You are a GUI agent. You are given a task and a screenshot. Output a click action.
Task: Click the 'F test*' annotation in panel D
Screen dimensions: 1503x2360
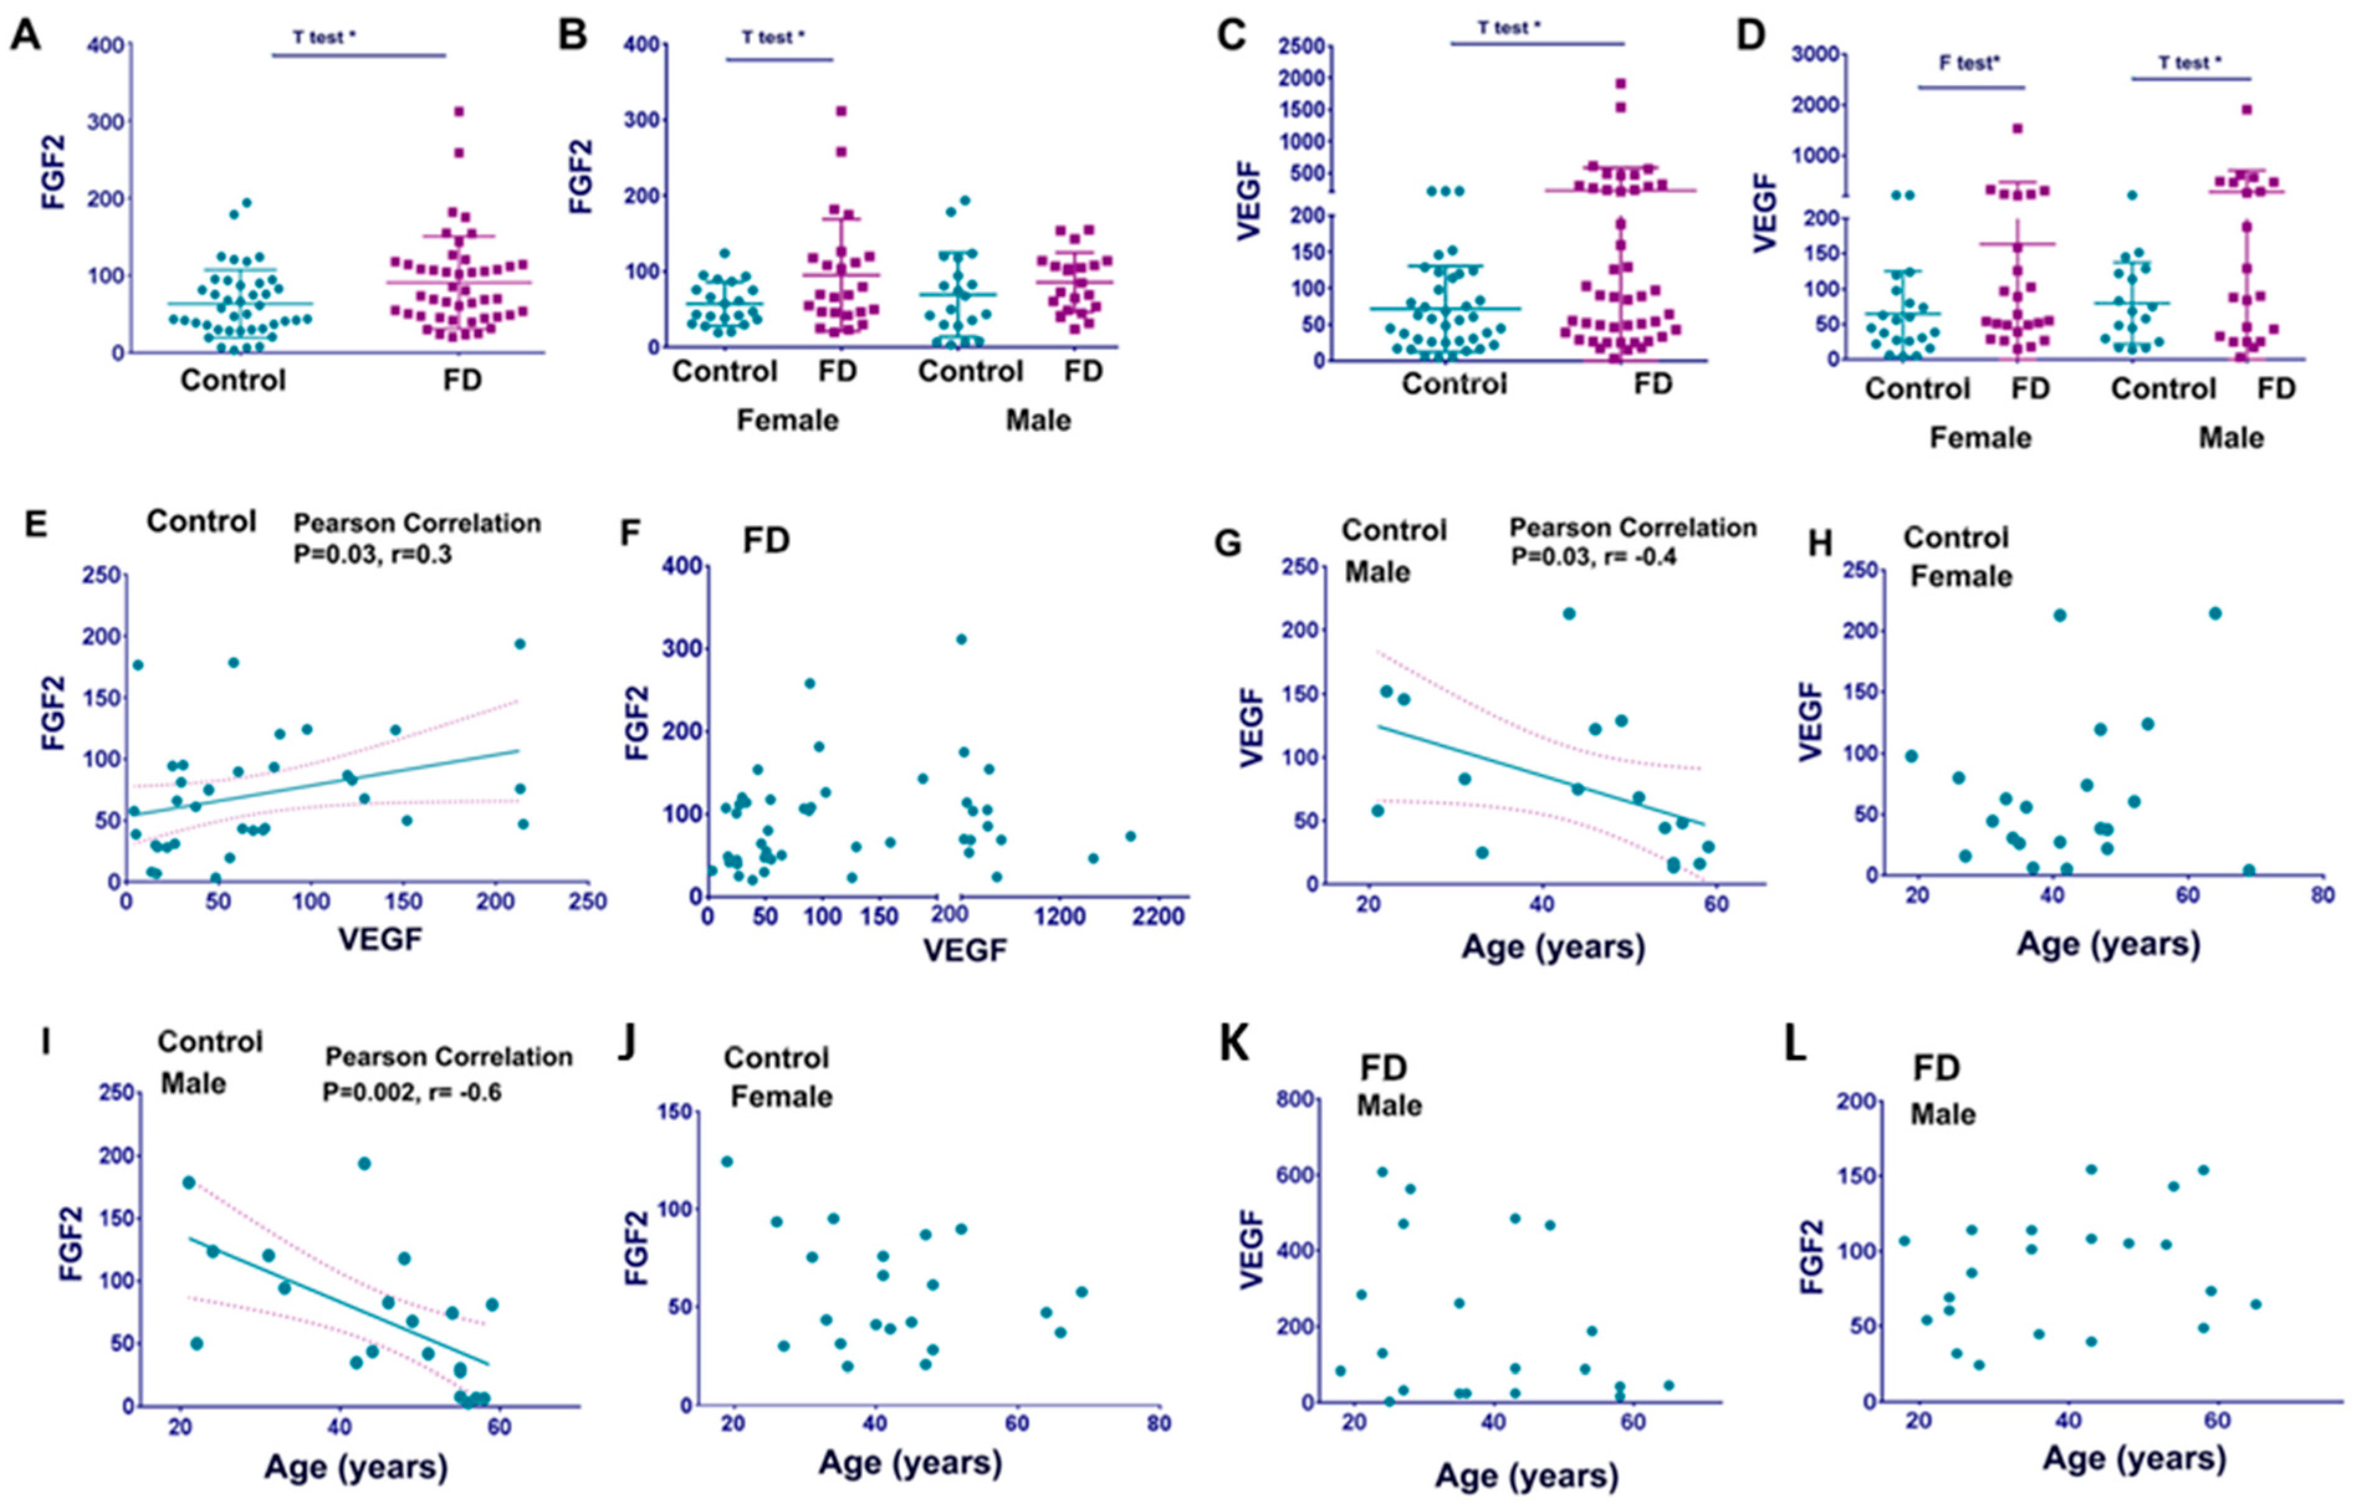(x=1970, y=63)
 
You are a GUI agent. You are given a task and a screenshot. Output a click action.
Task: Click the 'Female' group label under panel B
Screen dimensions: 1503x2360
(x=787, y=420)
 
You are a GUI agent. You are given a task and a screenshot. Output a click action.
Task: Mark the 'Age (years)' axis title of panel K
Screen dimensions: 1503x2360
(x=1526, y=1474)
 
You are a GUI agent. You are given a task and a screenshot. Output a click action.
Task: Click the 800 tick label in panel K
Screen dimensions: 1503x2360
(x=1296, y=1099)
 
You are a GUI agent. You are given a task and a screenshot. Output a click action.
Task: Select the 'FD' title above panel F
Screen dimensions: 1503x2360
(x=766, y=540)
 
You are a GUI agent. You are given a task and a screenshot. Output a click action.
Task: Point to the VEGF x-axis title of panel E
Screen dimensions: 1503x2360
(x=380, y=939)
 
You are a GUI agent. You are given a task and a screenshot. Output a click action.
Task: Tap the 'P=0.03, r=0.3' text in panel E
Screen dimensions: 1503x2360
(x=372, y=555)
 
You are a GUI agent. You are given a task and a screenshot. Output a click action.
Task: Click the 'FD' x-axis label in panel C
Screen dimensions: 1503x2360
(x=1653, y=383)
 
